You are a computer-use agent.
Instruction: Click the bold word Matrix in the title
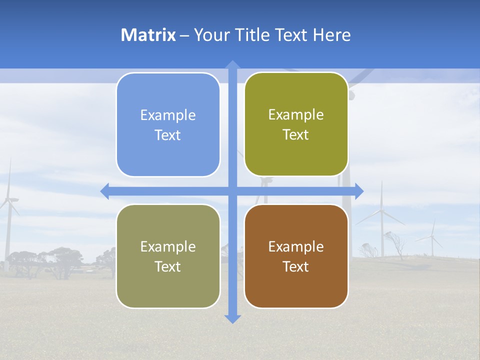tap(148, 35)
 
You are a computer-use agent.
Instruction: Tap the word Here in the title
tap(332, 35)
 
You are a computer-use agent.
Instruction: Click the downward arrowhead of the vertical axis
tap(232, 318)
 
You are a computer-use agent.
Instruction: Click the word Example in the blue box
tap(168, 115)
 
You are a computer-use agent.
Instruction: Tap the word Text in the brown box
tap(296, 267)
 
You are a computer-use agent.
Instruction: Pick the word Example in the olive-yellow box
tap(296, 115)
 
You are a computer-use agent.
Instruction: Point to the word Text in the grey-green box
tap(168, 267)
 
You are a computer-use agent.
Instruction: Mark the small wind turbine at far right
tap(432, 238)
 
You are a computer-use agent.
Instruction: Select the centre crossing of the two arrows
tap(232, 191)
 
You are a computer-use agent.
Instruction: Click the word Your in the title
tap(210, 35)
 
